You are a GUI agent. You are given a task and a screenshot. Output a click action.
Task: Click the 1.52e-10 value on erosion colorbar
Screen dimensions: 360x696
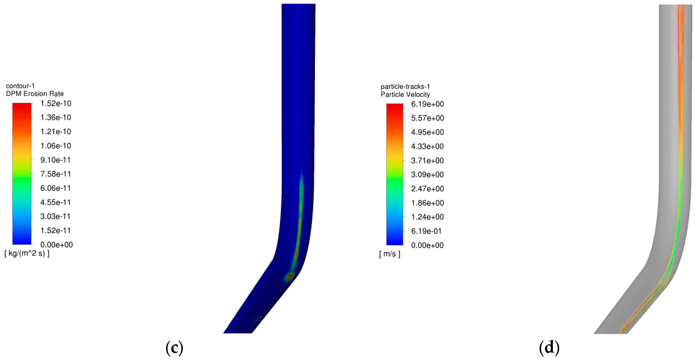coord(56,103)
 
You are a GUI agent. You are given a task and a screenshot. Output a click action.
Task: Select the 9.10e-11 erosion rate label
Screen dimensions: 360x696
coord(55,160)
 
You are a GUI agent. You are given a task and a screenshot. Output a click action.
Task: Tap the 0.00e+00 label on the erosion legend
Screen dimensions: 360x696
coord(57,245)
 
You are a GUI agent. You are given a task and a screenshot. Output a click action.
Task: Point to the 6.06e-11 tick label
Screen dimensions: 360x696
coord(55,188)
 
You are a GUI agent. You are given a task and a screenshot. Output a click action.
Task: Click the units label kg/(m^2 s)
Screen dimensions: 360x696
coord(27,253)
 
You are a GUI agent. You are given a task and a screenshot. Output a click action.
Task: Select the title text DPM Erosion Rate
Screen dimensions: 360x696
coord(35,94)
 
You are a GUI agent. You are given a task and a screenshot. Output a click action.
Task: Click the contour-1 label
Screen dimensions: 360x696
coord(20,86)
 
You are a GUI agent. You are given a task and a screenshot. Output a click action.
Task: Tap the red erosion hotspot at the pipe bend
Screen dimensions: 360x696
coord(290,276)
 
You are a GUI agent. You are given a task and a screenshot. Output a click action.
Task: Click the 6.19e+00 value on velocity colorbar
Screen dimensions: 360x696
coord(427,104)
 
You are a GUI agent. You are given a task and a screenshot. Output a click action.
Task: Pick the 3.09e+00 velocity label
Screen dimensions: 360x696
coord(427,174)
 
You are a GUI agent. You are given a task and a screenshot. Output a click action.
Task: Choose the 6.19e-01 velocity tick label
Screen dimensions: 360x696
coord(426,231)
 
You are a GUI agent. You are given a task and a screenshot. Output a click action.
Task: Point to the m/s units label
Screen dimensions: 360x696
coord(390,254)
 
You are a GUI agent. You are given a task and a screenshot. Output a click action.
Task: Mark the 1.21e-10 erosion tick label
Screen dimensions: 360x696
coord(56,131)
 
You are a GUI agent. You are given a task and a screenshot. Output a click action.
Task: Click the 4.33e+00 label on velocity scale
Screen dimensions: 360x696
coord(427,146)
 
